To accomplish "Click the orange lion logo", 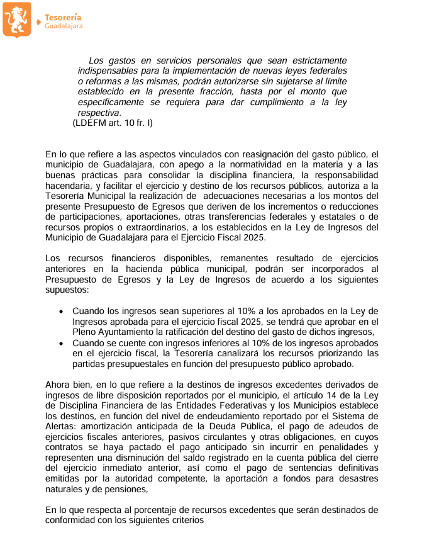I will pos(17,20).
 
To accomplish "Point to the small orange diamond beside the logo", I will pos(39,22).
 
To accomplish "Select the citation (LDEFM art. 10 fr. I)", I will pos(113,123).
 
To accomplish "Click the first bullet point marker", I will pos(61,312).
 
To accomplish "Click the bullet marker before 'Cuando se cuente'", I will pos(61,344).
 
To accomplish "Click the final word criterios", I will pos(184,521).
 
